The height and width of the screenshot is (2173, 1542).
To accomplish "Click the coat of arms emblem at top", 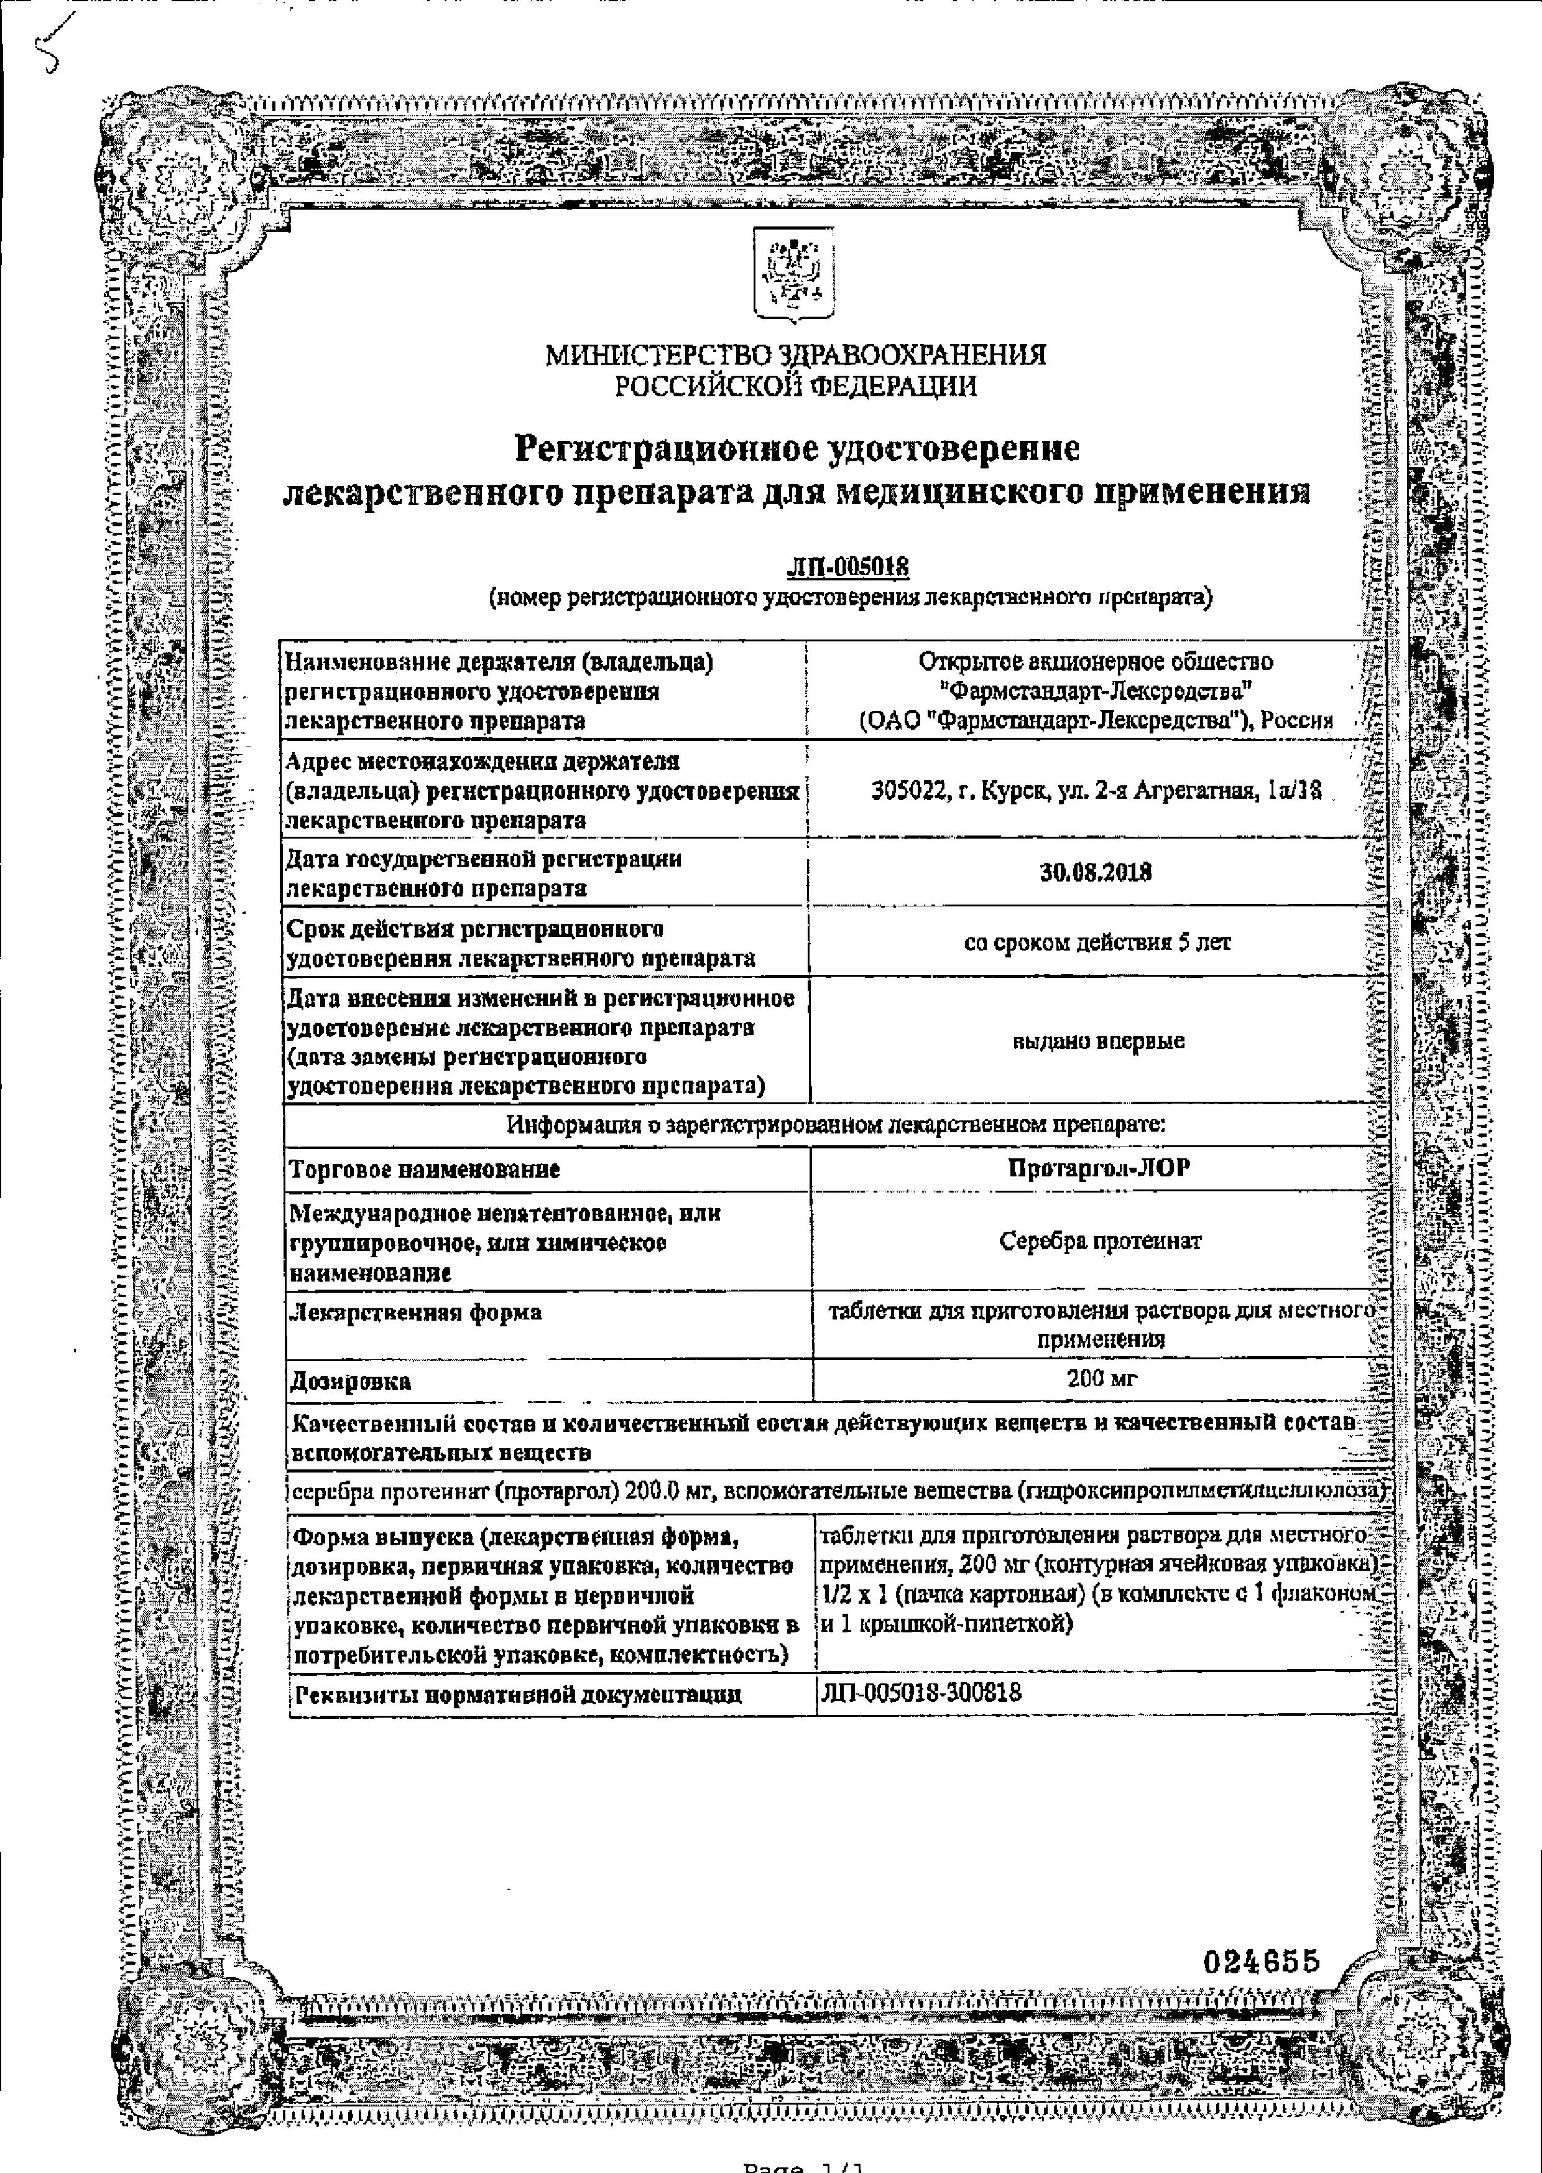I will click(x=794, y=274).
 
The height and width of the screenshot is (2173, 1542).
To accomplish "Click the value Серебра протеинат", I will click(x=1099, y=1240).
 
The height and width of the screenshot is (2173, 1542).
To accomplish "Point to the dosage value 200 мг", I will click(x=1101, y=1377).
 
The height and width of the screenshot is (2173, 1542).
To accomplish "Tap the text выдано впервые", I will click(x=1099, y=1041).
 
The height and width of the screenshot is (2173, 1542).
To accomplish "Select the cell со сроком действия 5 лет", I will click(x=1097, y=942).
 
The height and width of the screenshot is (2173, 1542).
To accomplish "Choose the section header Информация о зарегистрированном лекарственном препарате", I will click(x=836, y=1125).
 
